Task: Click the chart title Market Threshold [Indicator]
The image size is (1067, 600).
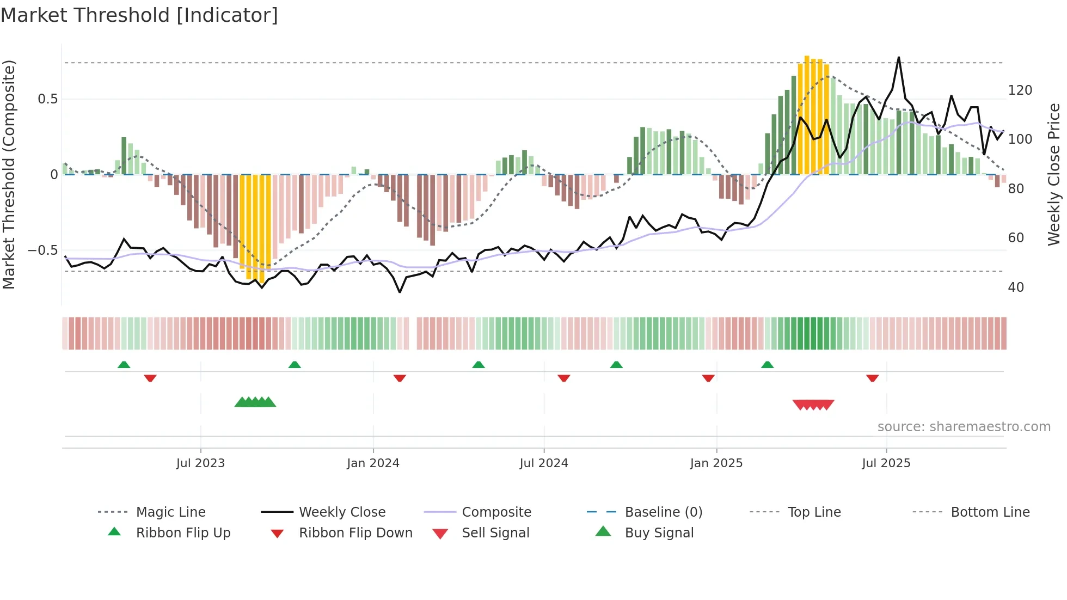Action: pyautogui.click(x=139, y=15)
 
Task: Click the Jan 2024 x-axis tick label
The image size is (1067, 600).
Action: pyautogui.click(x=373, y=463)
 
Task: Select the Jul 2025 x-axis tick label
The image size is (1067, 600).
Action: pyautogui.click(x=886, y=463)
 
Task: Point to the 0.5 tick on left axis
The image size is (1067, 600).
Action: pyautogui.click(x=47, y=99)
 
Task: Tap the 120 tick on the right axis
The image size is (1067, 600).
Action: pyautogui.click(x=1020, y=90)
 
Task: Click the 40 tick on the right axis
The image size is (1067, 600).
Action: pyautogui.click(x=1016, y=287)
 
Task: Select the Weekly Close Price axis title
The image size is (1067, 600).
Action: pyautogui.click(x=1054, y=174)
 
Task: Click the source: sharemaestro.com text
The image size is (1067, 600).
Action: pyautogui.click(x=964, y=426)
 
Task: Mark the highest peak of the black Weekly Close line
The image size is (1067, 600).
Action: pyautogui.click(x=899, y=58)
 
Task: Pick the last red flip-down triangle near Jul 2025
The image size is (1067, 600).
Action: pyautogui.click(x=872, y=377)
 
